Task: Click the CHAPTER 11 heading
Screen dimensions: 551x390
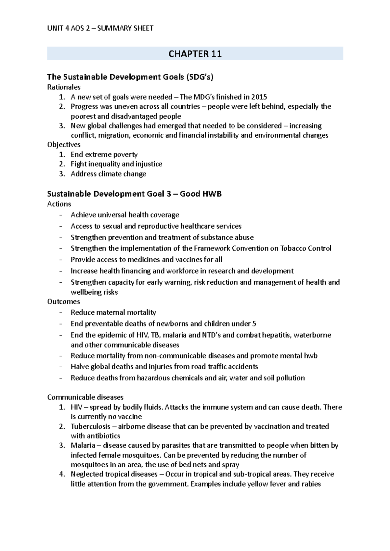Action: click(195, 54)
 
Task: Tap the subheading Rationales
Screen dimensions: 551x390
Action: click(64, 87)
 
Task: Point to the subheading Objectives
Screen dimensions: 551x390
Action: click(64, 145)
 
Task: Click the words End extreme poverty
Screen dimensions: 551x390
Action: click(104, 154)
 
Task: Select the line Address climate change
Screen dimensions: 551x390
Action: click(108, 174)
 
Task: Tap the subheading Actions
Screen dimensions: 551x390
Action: click(59, 204)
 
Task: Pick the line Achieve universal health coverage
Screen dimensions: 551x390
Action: click(125, 215)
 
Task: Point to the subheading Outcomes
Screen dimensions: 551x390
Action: click(63, 302)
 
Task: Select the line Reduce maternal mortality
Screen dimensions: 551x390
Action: click(113, 312)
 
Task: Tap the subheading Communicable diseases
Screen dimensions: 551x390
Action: click(85, 397)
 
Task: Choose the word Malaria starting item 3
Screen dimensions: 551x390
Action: click(82, 446)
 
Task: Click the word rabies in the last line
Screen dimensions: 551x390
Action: click(311, 484)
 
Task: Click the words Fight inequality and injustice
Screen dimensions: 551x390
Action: click(116, 164)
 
